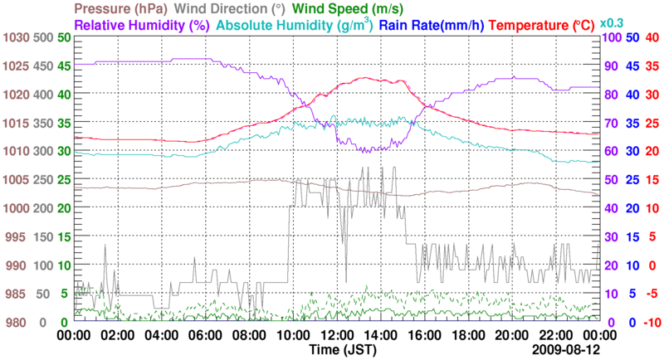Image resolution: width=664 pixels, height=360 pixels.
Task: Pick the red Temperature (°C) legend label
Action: pos(544,25)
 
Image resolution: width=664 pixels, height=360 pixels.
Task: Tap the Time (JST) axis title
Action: pos(335,350)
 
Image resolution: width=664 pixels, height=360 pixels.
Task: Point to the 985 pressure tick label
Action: pos(17,294)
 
